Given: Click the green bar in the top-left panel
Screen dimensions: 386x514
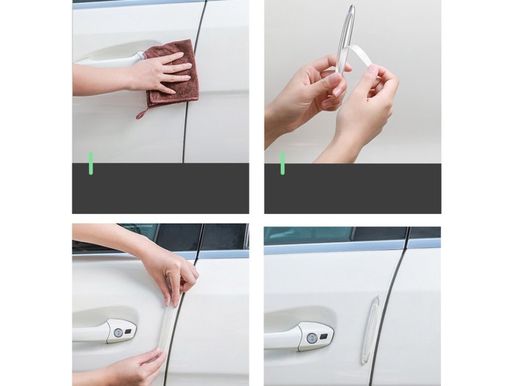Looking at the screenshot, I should [91, 163].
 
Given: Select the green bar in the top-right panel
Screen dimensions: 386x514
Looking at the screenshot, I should [282, 163].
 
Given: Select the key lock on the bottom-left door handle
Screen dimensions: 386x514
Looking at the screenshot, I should [116, 332].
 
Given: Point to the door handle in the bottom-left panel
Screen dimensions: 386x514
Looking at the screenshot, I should [101, 332].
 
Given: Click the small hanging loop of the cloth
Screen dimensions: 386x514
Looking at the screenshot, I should [141, 113].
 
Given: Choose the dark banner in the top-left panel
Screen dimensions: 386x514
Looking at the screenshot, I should [160, 189].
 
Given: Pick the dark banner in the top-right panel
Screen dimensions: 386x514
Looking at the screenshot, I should [352, 189].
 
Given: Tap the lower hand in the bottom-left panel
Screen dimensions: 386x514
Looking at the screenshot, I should [134, 369].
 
